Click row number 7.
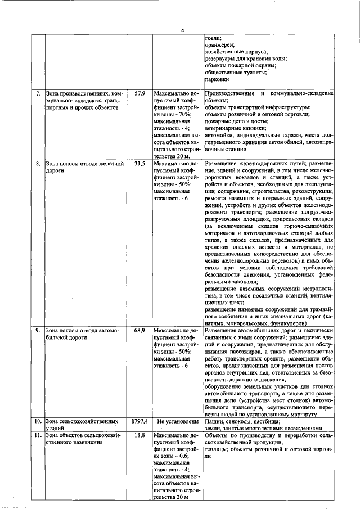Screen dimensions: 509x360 pos(38,92)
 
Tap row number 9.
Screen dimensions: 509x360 pos(38,330)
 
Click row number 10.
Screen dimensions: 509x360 pos(37,421)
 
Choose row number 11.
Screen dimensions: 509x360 pos(37,435)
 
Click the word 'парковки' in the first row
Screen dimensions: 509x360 pos(218,79)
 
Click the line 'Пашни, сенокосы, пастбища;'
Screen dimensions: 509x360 pos(243,421)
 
